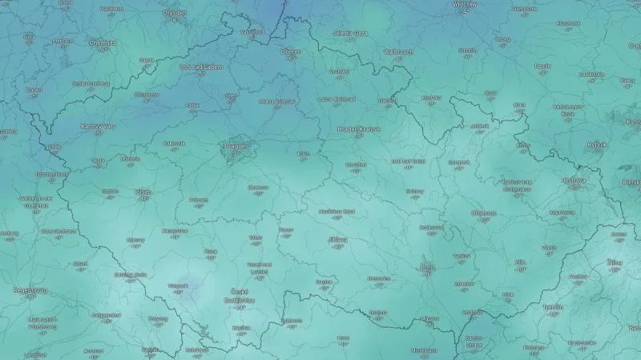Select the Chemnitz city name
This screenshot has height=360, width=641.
point(103,42)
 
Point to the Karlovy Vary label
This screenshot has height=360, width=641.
point(98,126)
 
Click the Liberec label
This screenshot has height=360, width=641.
point(290,51)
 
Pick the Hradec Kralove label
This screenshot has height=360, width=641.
point(359,128)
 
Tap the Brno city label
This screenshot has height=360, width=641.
point(426,267)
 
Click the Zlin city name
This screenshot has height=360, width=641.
point(521,262)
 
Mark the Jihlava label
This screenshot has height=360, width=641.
point(337,239)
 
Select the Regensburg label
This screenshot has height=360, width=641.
point(30,289)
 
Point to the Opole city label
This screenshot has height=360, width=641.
point(542,66)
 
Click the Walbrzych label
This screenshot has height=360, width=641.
point(399,52)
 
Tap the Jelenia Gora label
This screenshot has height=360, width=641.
point(350,34)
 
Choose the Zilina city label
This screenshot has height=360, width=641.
point(615,262)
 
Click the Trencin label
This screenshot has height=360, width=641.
point(553,306)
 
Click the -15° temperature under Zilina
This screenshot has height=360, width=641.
point(615,270)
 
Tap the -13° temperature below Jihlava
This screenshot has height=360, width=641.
point(337,247)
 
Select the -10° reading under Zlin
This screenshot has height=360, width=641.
point(521,270)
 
